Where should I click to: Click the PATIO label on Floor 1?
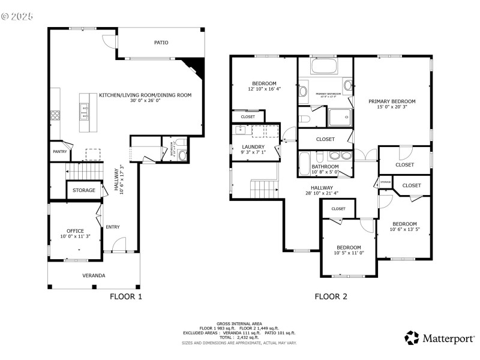coord(161,43)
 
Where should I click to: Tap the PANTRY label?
coord(59,152)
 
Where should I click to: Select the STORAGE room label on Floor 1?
coord(83,190)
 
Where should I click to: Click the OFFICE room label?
coord(75,230)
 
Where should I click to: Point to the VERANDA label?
coord(94,275)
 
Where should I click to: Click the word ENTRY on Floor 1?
coord(113,227)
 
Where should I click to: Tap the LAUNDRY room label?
coord(253,146)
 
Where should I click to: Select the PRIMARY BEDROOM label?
coord(392,101)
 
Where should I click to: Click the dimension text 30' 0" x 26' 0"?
coord(145,101)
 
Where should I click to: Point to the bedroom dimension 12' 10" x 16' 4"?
coord(264,89)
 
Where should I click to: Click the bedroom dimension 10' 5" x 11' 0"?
coord(349,253)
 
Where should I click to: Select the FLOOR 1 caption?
coord(126,296)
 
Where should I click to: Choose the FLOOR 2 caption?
coord(331,296)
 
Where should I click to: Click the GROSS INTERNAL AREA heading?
coord(239,323)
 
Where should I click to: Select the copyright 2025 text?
coord(17,16)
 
